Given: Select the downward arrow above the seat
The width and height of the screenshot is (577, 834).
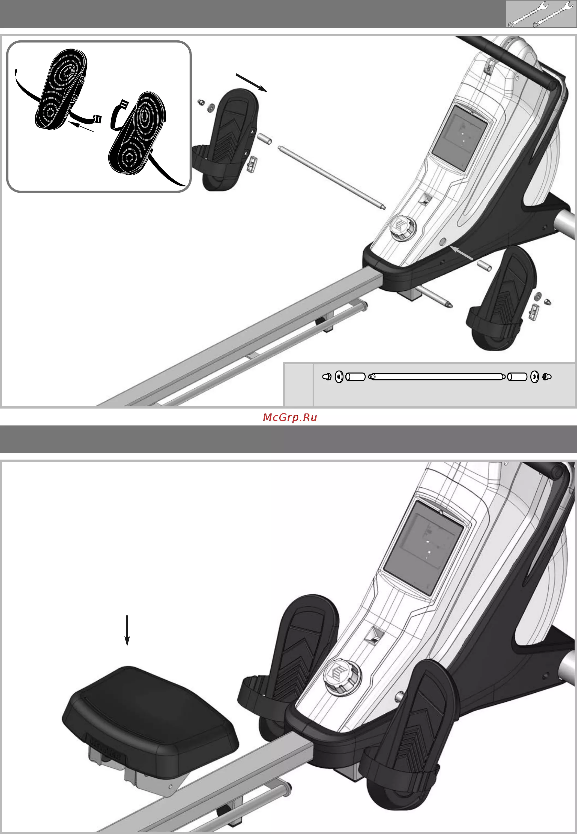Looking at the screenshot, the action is [127, 630].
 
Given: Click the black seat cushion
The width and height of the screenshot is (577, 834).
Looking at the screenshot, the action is [150, 720].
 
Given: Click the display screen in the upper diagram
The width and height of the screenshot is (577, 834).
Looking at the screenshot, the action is [460, 138].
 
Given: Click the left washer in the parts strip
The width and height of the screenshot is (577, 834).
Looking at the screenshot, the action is [339, 377].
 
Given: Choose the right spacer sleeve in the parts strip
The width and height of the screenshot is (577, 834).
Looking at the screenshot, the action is [517, 377].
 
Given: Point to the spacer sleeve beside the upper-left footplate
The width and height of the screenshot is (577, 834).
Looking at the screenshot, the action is [265, 139].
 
